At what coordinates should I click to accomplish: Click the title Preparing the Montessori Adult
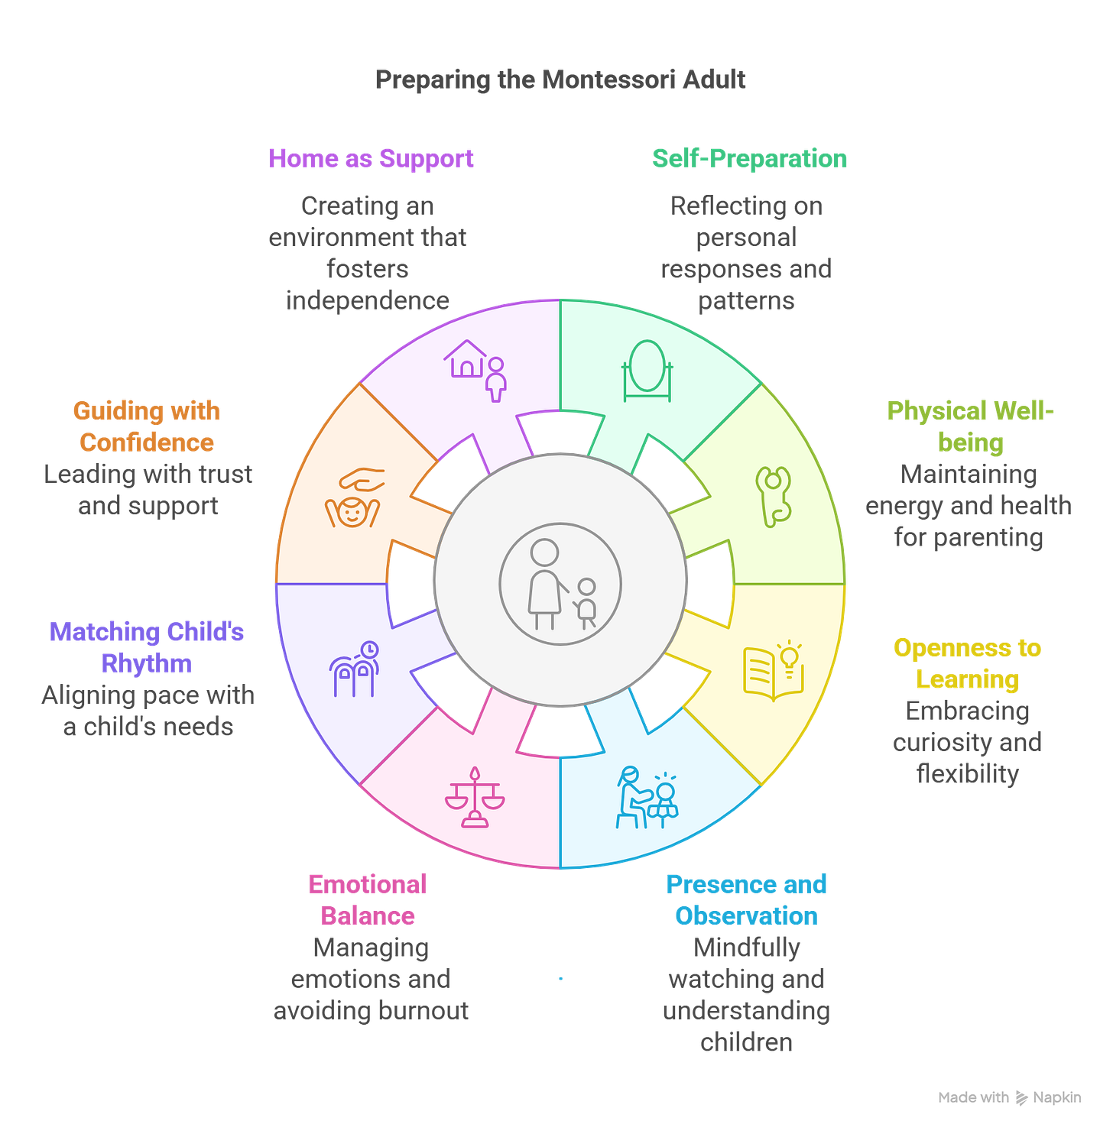(560, 79)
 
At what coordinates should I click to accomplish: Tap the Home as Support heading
(371, 158)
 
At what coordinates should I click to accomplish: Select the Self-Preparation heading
(749, 158)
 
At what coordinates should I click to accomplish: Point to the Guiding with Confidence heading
(147, 426)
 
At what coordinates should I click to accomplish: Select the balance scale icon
(475, 798)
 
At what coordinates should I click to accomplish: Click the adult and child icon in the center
(560, 584)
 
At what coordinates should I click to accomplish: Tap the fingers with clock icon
(354, 669)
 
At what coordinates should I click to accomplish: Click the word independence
(368, 301)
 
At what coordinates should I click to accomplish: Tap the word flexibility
(967, 774)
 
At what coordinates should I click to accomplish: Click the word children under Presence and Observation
(746, 1042)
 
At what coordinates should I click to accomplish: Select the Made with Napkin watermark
(1010, 1097)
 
